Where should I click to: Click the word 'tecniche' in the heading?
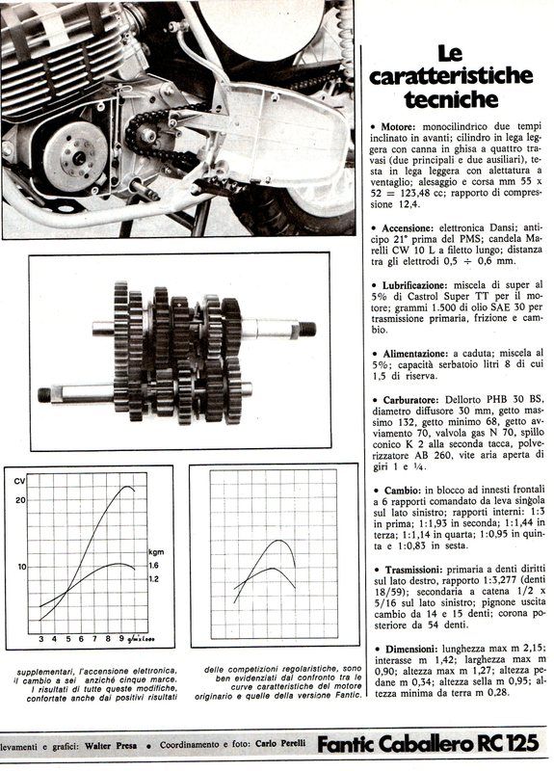(x=451, y=99)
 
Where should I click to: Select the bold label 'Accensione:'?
(x=408, y=228)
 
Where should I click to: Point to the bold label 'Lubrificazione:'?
(x=415, y=285)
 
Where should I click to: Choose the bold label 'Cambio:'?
(x=402, y=491)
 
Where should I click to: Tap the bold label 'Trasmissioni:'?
(x=413, y=571)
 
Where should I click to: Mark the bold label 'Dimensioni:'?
(x=411, y=649)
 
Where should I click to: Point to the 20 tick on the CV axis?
(x=20, y=500)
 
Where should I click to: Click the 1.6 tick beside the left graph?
(x=154, y=566)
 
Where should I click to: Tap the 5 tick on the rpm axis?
(x=68, y=639)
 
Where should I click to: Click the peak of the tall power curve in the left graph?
(x=128, y=487)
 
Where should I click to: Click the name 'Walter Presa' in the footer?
(x=118, y=746)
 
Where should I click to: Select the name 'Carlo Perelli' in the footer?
(x=280, y=743)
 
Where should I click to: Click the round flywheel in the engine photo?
(x=75, y=156)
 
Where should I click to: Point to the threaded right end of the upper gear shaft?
(x=307, y=329)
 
